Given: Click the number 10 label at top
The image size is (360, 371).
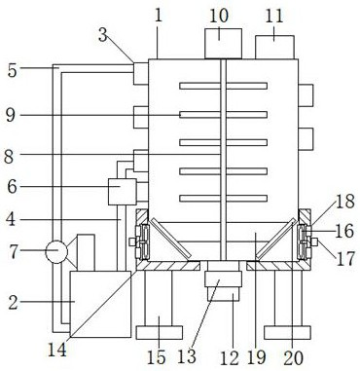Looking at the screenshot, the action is [x=219, y=16].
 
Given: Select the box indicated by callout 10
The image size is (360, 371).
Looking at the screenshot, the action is [x=223, y=44].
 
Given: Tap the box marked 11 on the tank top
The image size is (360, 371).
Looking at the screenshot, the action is [x=274, y=48].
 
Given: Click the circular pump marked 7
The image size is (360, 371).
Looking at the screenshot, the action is [x=56, y=251].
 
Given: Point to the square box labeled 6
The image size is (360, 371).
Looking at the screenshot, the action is [x=122, y=192].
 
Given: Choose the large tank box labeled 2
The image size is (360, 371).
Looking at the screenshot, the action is [x=100, y=304].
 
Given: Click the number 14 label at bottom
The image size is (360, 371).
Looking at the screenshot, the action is [x=57, y=350].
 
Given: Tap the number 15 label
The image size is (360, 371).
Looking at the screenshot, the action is [x=157, y=356].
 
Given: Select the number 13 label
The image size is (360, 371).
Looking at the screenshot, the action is [x=188, y=356].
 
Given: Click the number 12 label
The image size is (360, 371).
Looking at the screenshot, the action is [x=230, y=357].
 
